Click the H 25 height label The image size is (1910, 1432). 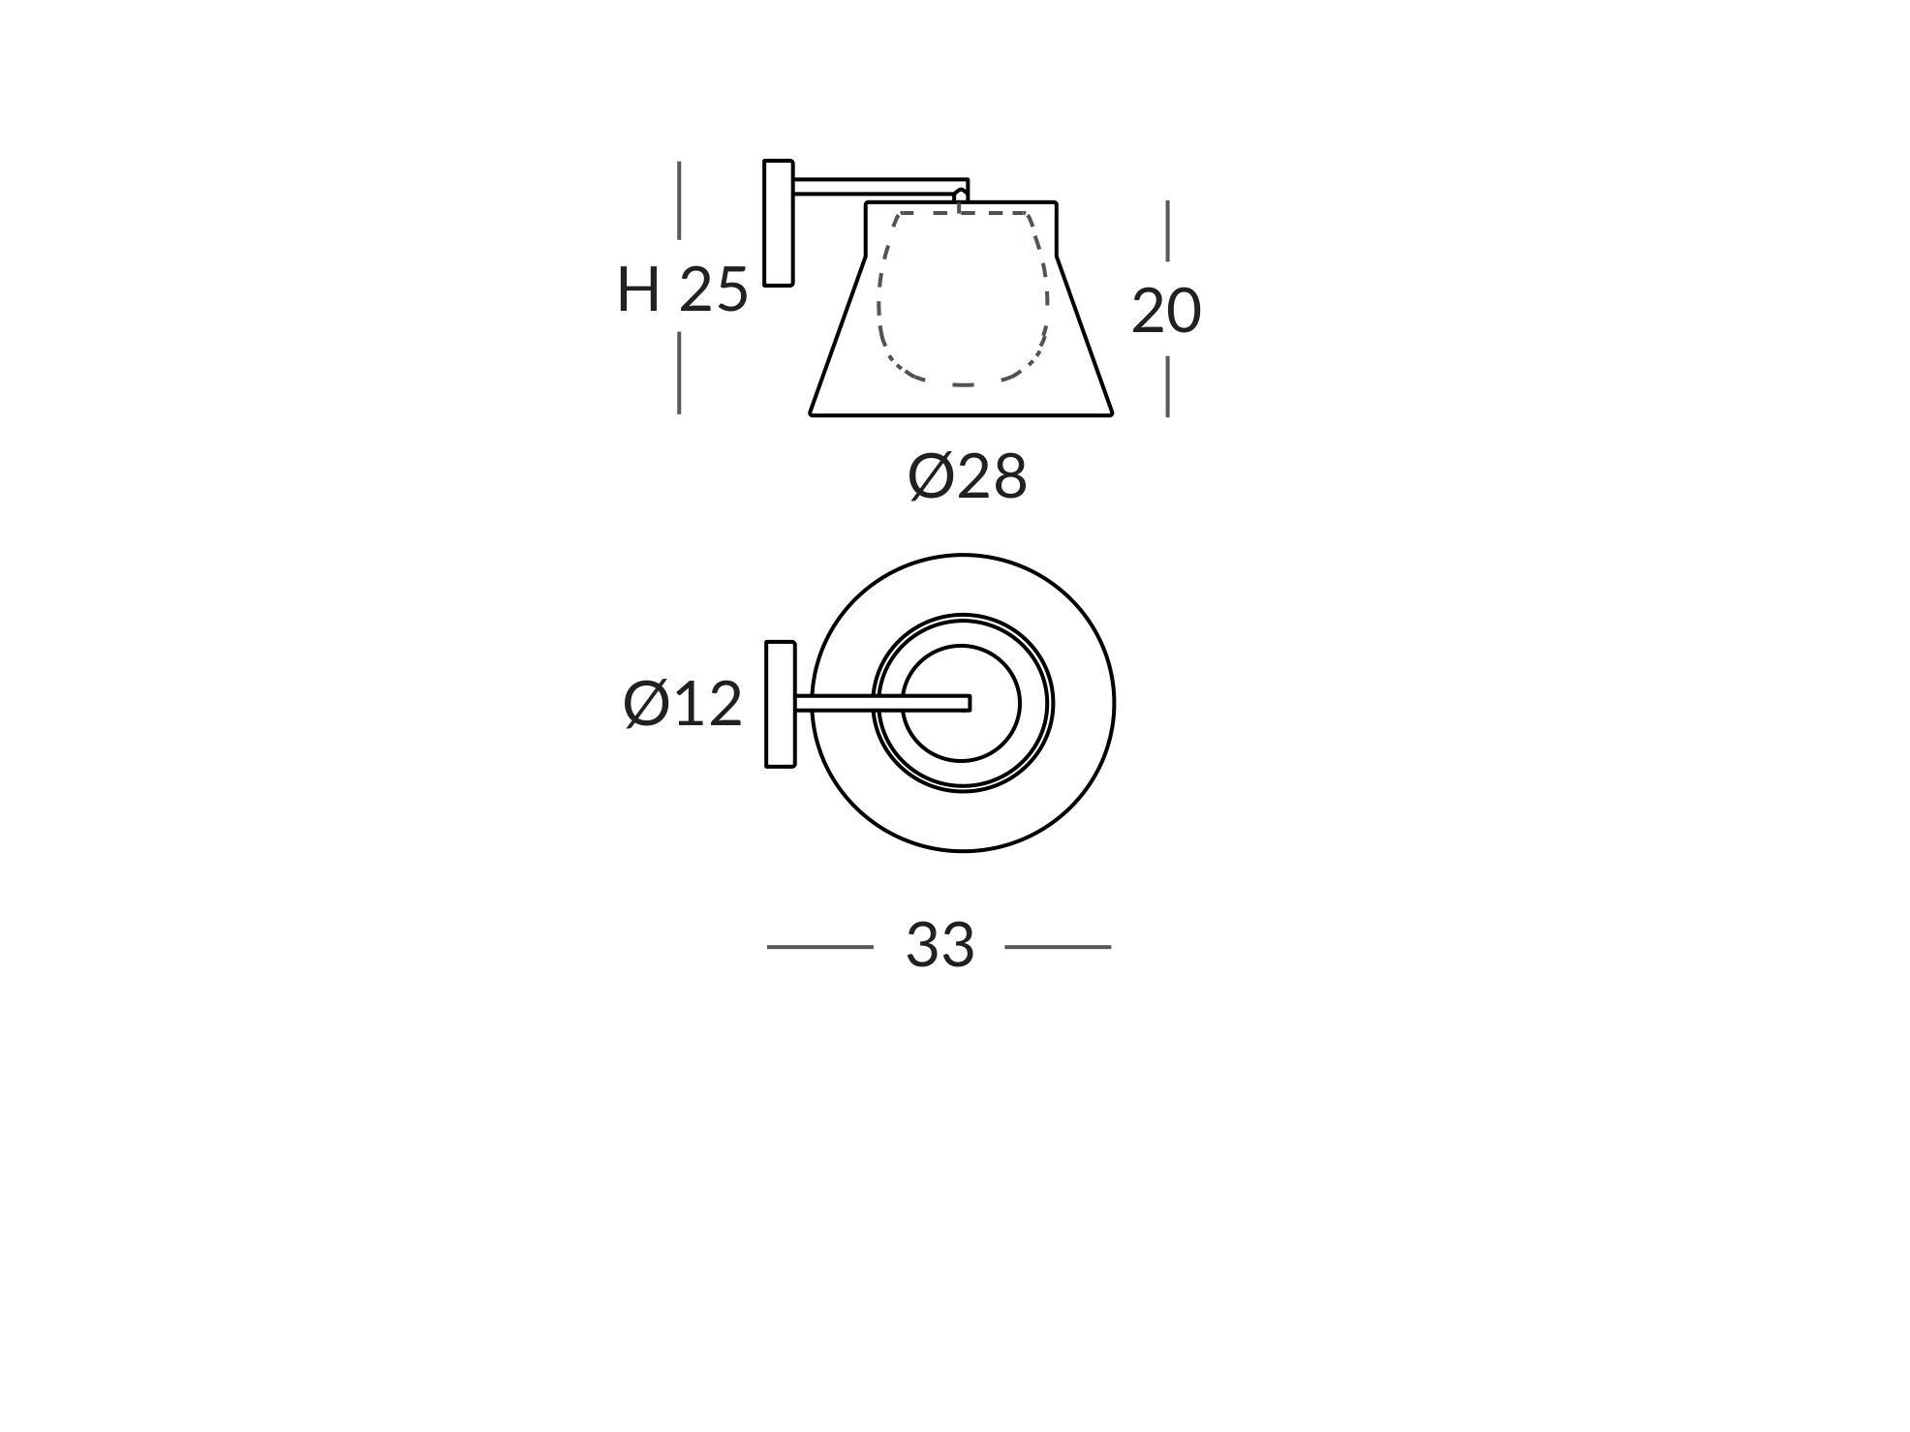point(683,289)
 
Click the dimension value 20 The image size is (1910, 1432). point(1166,312)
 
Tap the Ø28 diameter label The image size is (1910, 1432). point(967,477)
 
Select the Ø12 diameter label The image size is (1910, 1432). point(683,704)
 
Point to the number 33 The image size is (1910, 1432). point(939,945)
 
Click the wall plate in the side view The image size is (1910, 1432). point(778,223)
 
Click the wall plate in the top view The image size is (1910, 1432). point(780,704)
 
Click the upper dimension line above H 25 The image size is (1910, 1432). point(679,199)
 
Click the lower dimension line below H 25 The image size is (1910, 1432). point(679,373)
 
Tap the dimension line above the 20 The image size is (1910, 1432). point(1167,230)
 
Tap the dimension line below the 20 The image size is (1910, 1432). point(1167,386)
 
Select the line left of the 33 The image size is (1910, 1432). point(819,947)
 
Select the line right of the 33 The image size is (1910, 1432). point(1058,947)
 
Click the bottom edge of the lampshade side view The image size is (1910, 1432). point(961,415)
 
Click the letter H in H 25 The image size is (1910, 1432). point(638,289)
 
